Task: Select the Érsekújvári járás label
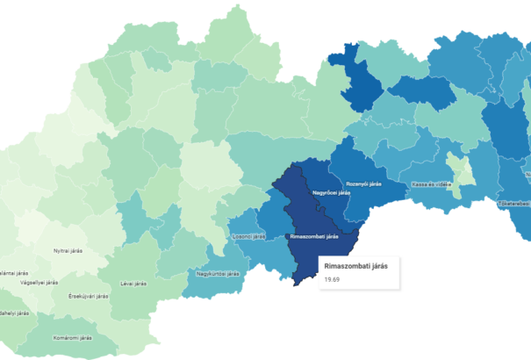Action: click(x=88, y=296)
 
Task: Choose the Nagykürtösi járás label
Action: click(x=218, y=273)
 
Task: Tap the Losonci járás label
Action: click(x=247, y=235)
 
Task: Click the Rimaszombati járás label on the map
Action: click(x=313, y=237)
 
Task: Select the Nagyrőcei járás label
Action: click(x=332, y=192)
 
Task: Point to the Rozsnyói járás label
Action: click(x=363, y=184)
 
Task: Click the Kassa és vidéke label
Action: click(x=432, y=184)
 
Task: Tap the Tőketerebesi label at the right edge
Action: click(x=514, y=203)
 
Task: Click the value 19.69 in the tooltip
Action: click(x=332, y=279)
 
